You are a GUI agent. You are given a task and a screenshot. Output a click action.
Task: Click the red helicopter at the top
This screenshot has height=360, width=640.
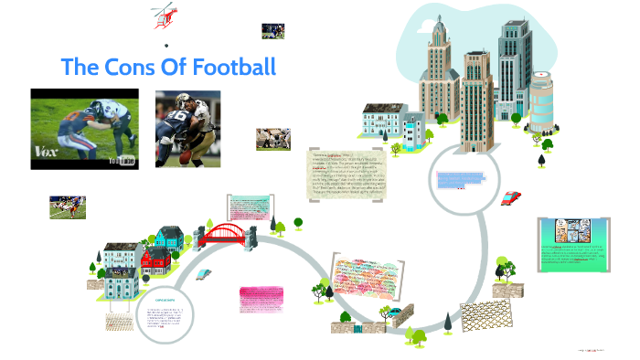pyautogui.click(x=164, y=16)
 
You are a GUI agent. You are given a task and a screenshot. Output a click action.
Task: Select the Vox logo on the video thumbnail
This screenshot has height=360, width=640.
pyautogui.click(x=47, y=152)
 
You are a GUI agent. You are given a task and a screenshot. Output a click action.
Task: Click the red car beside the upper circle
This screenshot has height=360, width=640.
pyautogui.click(x=512, y=198)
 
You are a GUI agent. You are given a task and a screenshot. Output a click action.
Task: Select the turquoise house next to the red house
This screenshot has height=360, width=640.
pyautogui.click(x=166, y=240)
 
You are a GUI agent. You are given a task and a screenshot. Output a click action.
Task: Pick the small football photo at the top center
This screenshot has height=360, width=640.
pyautogui.click(x=272, y=30)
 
